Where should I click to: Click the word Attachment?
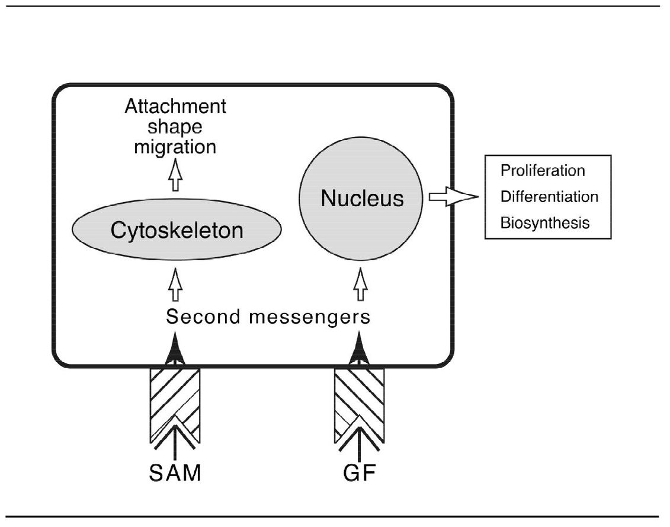click(175, 107)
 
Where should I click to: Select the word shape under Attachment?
click(175, 127)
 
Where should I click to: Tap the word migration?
click(175, 146)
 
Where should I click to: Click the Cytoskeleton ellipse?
click(177, 229)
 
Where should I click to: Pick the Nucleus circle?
click(362, 199)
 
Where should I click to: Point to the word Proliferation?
click(543, 171)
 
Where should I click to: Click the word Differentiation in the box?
click(549, 196)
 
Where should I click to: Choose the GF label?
click(359, 474)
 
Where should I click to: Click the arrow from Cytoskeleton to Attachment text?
click(175, 176)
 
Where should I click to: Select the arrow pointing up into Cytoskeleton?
click(175, 285)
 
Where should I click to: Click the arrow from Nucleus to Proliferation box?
click(452, 197)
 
